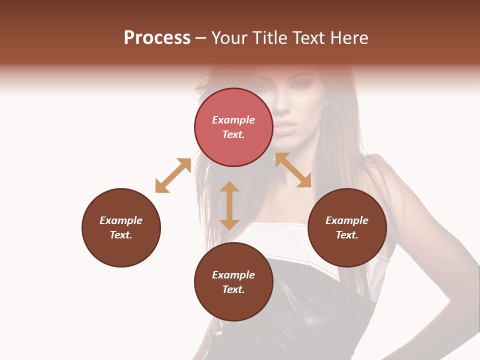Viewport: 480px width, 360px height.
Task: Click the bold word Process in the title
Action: click(x=157, y=38)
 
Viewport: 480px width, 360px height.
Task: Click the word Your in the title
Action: click(x=228, y=38)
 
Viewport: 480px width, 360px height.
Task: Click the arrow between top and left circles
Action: click(x=173, y=175)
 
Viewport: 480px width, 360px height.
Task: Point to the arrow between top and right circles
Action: click(x=293, y=170)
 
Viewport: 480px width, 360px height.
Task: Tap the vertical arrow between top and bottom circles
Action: click(x=229, y=205)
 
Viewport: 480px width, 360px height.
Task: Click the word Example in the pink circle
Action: click(x=233, y=120)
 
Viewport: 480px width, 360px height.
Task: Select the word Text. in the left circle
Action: click(x=121, y=235)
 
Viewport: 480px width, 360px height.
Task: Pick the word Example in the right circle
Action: click(x=347, y=220)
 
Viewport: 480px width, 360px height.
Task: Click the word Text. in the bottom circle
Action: click(x=233, y=289)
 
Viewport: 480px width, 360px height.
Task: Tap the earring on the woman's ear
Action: click(x=326, y=103)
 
